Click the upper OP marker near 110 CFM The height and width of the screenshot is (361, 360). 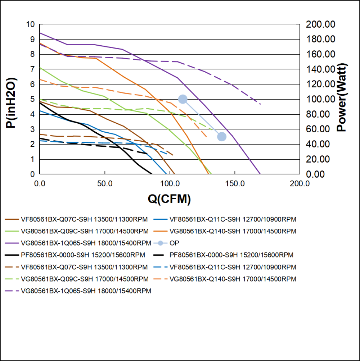[x=183, y=99]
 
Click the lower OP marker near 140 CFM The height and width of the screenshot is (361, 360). [x=222, y=137]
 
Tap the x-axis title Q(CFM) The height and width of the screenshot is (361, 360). [x=169, y=199]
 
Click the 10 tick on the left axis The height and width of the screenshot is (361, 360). [x=30, y=24]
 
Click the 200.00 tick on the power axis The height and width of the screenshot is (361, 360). [x=321, y=24]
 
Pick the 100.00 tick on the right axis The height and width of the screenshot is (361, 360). [x=321, y=99]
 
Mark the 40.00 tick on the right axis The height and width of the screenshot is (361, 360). [x=323, y=144]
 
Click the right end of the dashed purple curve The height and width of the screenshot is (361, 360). [x=260, y=104]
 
